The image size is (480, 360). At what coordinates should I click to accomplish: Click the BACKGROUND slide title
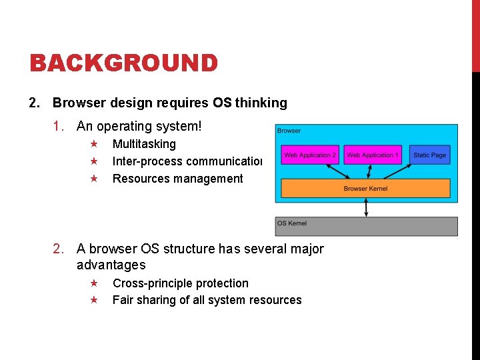[x=124, y=63]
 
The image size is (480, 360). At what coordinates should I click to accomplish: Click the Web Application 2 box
[x=310, y=155]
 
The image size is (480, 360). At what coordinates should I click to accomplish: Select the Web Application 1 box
[x=373, y=155]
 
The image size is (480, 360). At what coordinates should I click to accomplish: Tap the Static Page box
[x=429, y=155]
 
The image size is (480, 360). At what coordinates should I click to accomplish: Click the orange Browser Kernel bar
[x=365, y=189]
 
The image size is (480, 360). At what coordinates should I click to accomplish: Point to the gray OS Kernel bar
[x=366, y=226]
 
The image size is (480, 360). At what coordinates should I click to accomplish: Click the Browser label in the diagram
[x=289, y=131]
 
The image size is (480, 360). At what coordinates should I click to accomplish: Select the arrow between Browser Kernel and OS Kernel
[x=366, y=207]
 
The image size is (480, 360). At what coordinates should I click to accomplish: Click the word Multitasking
[x=144, y=144]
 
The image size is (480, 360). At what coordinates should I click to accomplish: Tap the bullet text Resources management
[x=177, y=179]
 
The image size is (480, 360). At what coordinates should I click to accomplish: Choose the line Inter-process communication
[x=187, y=161]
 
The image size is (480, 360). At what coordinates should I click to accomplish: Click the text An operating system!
[x=139, y=126]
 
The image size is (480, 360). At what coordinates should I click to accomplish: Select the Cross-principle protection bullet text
[x=180, y=283]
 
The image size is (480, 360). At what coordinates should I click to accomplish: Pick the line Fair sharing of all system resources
[x=207, y=300]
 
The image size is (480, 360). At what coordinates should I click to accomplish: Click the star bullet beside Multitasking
[x=94, y=144]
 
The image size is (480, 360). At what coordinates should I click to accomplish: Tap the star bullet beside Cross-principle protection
[x=94, y=283]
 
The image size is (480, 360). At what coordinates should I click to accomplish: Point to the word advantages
[x=111, y=265]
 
